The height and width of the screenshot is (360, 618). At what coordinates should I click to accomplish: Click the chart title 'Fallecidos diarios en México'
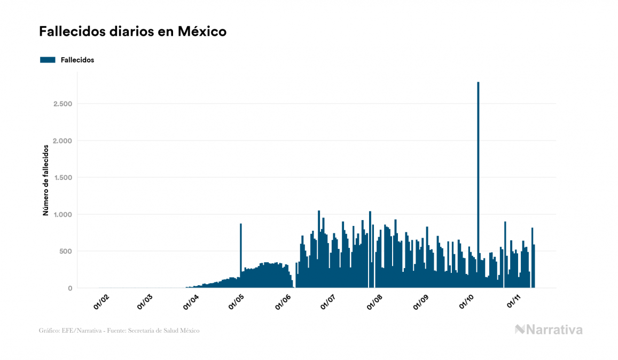(132, 32)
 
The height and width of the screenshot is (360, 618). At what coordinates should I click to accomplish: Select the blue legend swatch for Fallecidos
(48, 60)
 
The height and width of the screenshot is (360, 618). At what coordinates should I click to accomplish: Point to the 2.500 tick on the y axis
(62, 104)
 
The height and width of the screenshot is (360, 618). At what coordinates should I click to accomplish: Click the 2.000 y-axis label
(62, 140)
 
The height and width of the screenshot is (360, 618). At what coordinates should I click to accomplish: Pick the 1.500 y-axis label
(62, 177)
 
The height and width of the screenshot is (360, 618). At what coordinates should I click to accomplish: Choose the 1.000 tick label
(62, 215)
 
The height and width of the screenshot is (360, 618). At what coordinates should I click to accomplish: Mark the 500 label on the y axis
(66, 252)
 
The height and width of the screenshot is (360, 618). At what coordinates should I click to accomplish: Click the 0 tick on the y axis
(69, 288)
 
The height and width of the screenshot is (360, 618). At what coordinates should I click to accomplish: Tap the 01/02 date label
(101, 302)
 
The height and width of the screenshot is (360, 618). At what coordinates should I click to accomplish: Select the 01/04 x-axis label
(193, 302)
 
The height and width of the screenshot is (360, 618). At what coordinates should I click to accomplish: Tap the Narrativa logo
(549, 330)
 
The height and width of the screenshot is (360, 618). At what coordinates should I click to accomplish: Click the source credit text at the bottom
(119, 331)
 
